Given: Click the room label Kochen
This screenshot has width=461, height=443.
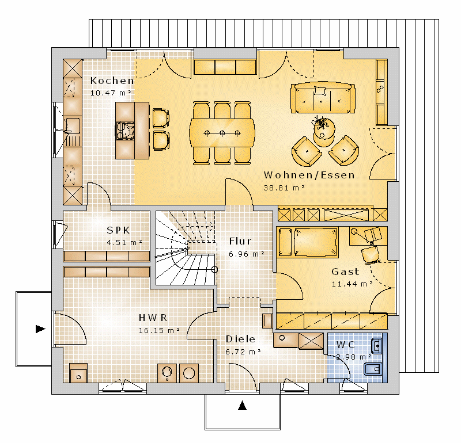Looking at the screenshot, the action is click(112, 81).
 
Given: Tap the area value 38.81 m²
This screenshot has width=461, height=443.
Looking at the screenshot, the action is click(284, 188).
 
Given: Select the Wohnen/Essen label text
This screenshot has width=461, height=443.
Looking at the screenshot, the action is click(309, 175).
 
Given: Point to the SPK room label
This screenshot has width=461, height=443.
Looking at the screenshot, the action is click(118, 230).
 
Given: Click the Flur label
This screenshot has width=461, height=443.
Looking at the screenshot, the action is click(240, 241).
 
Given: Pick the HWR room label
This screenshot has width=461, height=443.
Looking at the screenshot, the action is click(153, 318).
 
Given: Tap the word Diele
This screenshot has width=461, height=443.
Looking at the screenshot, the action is click(240, 339).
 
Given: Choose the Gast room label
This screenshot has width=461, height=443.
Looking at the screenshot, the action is click(345, 272).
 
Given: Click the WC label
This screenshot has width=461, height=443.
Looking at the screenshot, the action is click(345, 345).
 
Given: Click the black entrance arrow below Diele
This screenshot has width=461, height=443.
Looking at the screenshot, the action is click(242, 406).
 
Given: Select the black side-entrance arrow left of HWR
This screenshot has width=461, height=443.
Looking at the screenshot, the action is click(40, 329).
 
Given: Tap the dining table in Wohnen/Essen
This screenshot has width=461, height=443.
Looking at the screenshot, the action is click(222, 133).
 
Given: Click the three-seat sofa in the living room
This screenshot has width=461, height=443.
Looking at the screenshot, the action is click(323, 98).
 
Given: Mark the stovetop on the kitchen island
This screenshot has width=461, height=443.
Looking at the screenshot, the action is click(125, 130).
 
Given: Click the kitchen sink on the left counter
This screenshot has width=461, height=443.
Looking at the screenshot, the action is click(73, 125).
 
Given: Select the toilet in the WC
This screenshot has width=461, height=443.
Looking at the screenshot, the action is click(373, 369).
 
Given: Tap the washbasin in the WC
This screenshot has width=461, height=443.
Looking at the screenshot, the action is click(377, 346).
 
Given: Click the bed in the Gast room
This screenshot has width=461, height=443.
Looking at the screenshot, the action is click(316, 242).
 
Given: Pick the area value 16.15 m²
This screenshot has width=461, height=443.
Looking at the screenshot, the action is click(159, 331).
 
